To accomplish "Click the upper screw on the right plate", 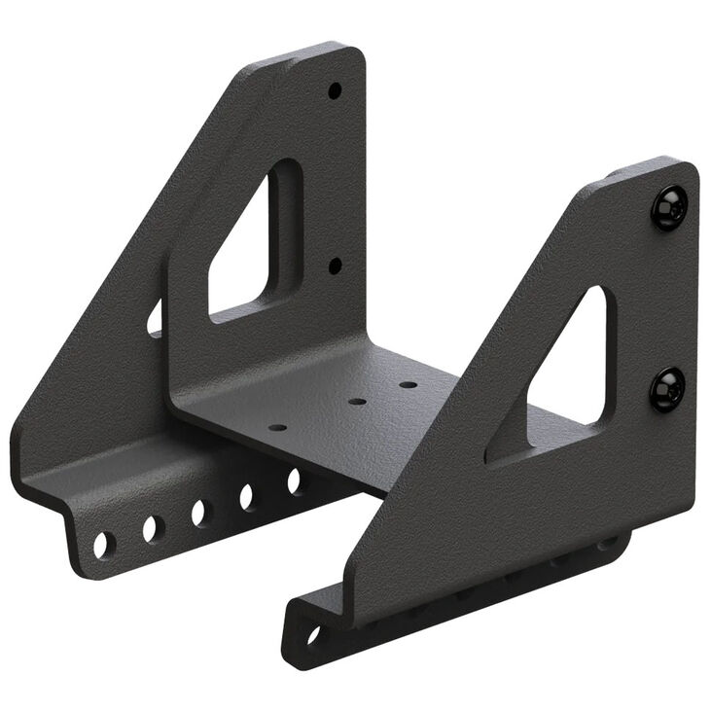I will (669, 207).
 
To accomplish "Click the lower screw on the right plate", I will (667, 389).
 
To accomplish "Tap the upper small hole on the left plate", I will (335, 90).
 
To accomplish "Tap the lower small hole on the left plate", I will (335, 265).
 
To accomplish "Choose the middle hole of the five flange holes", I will (200, 513).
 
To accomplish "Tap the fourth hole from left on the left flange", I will (247, 497).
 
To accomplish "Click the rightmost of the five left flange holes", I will (294, 480).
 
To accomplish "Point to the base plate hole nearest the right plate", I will (409, 384).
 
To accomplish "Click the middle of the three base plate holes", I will (357, 401).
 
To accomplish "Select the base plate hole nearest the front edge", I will (278, 427).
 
